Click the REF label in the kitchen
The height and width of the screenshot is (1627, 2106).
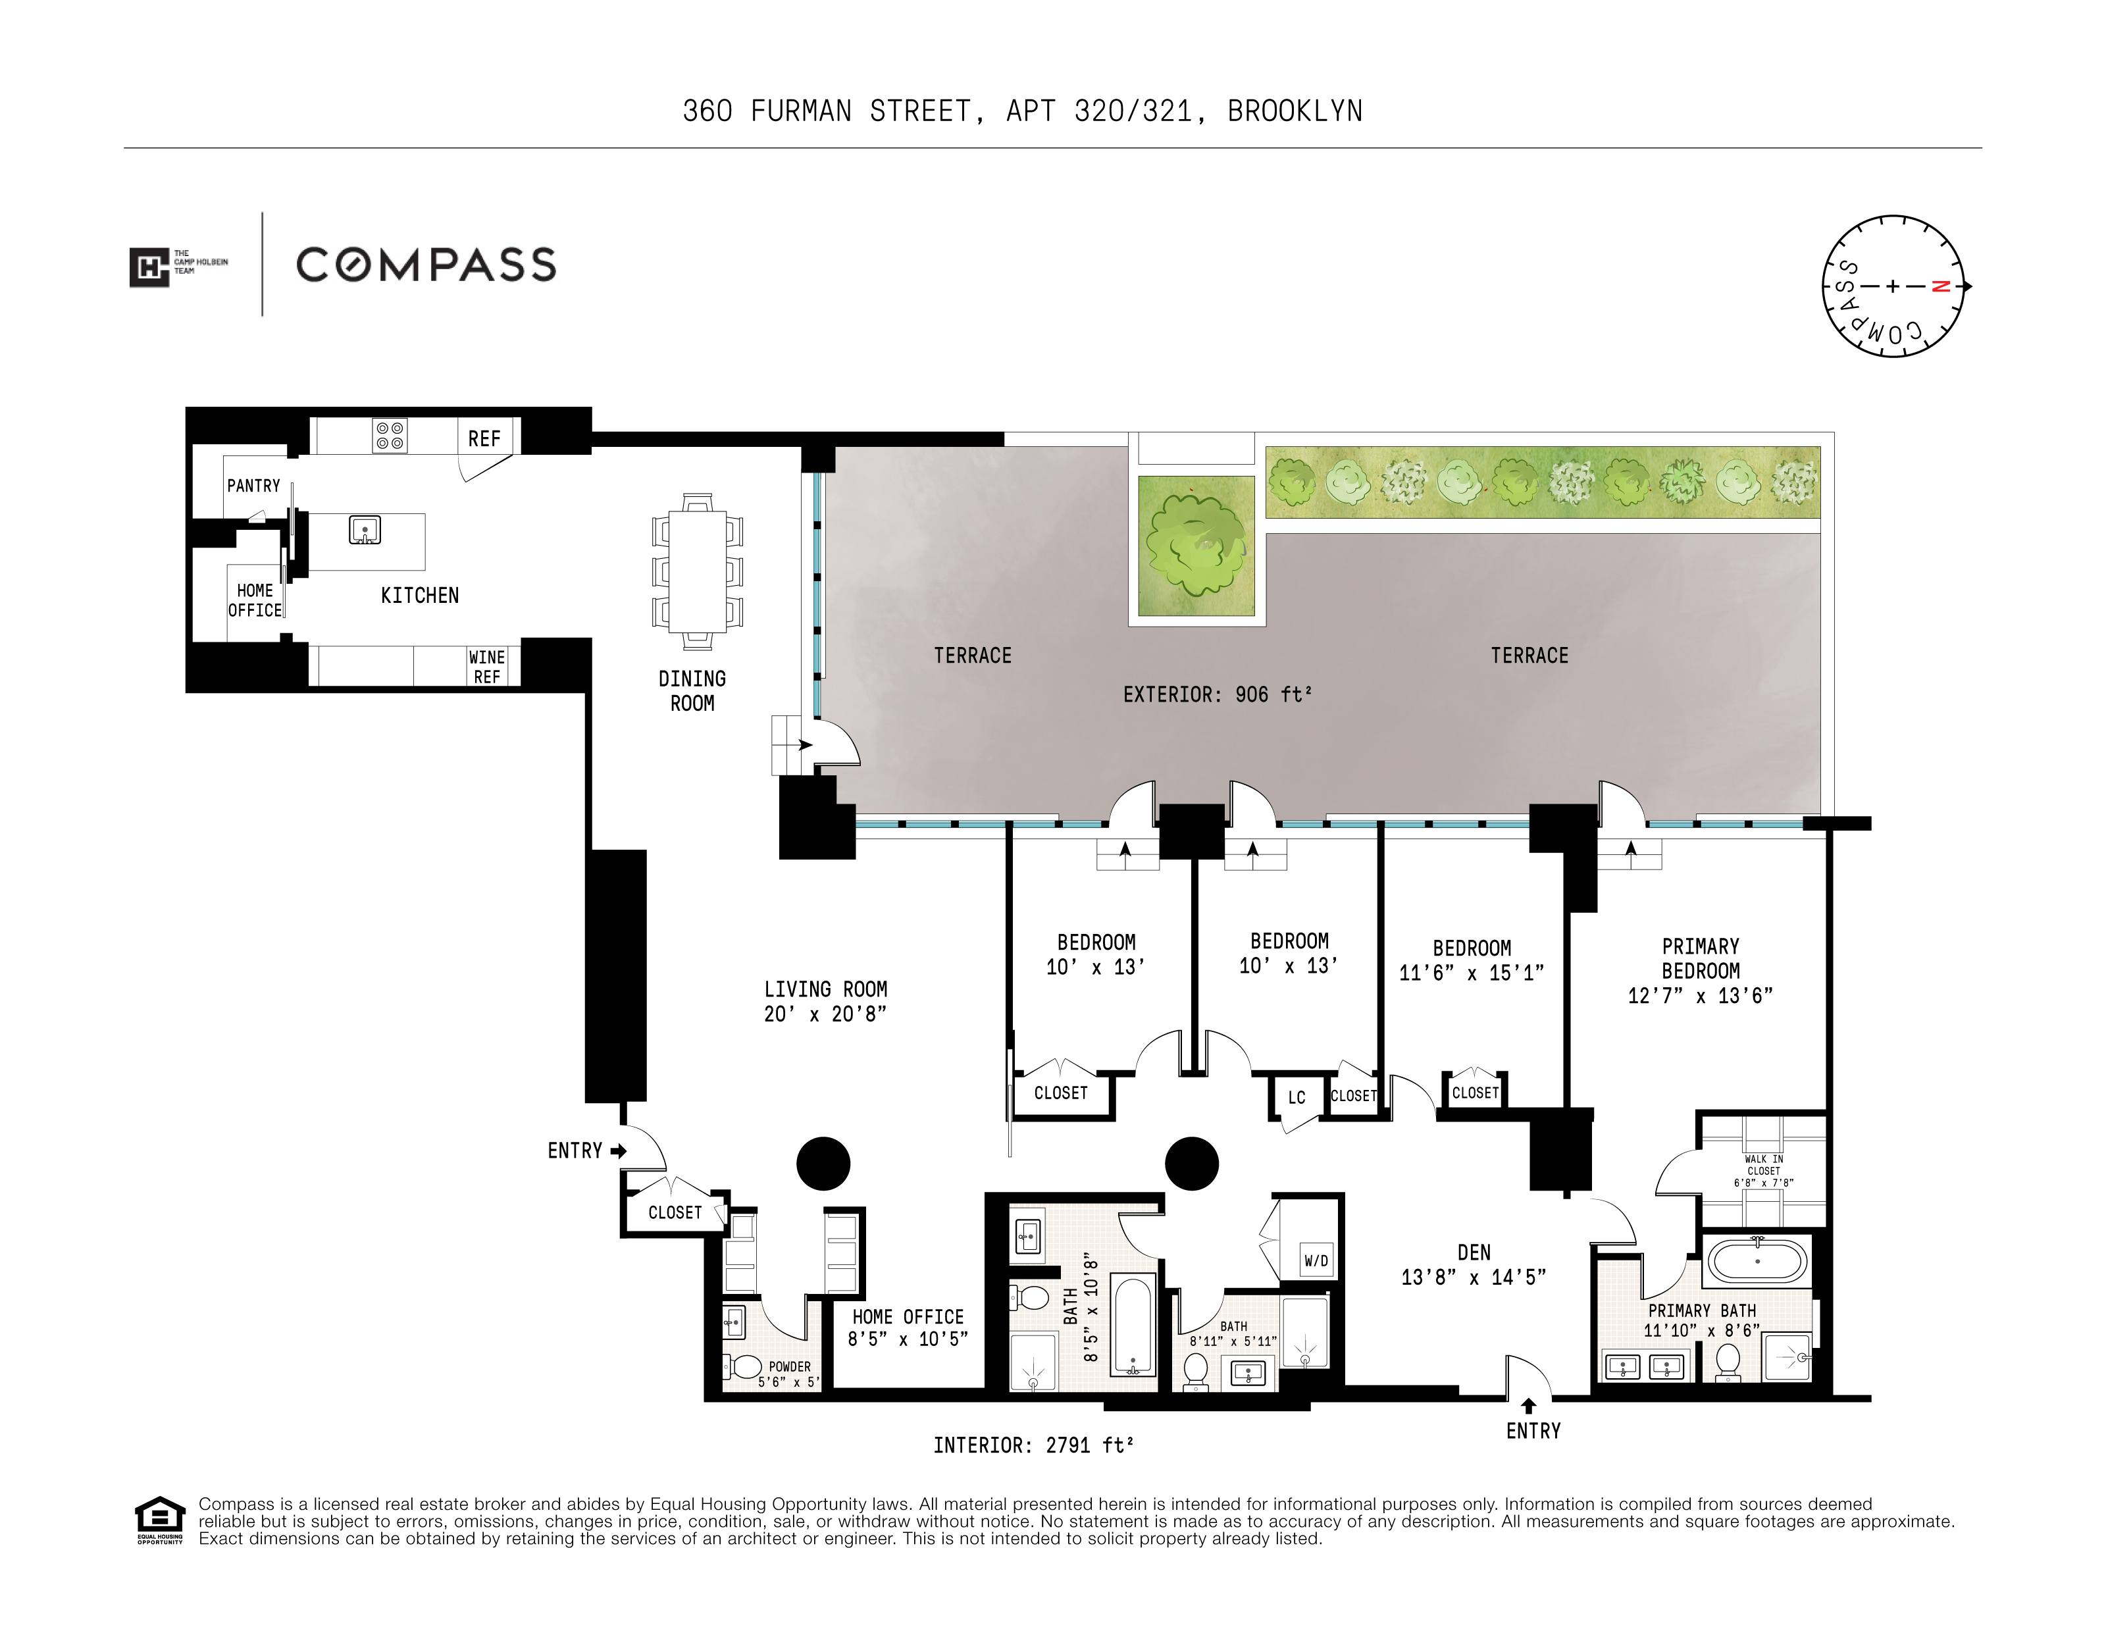pyautogui.click(x=484, y=439)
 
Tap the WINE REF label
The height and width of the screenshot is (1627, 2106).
pyautogui.click(x=487, y=667)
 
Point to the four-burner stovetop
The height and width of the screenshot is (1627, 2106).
pyautogui.click(x=390, y=436)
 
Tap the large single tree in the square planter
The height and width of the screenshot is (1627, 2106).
pyautogui.click(x=1196, y=545)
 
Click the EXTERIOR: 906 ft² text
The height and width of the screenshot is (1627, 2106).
pyautogui.click(x=1217, y=694)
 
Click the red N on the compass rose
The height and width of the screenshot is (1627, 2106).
pyautogui.click(x=1941, y=286)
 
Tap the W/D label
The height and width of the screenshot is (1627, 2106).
pyautogui.click(x=1316, y=1260)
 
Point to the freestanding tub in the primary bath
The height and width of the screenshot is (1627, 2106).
pyautogui.click(x=1757, y=1260)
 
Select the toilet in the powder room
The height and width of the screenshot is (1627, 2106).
pyautogui.click(x=744, y=1366)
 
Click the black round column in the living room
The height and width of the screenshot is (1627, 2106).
pyautogui.click(x=823, y=1163)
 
